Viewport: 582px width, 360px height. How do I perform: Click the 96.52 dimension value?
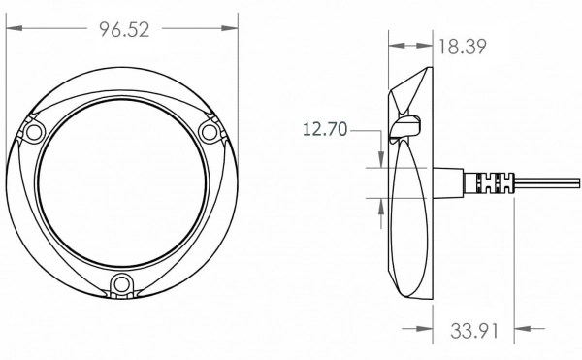[125, 30]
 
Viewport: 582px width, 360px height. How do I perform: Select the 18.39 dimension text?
[462, 47]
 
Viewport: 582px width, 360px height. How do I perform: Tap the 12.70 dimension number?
[325, 129]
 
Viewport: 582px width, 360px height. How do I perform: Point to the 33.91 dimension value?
[474, 330]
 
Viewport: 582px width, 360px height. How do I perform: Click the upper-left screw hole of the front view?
[33, 132]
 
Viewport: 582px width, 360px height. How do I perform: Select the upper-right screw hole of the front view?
[209, 132]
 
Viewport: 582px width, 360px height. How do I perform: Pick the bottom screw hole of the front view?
[121, 285]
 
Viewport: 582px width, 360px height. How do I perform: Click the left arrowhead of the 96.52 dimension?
[15, 28]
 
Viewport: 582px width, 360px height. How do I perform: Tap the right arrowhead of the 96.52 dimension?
[229, 28]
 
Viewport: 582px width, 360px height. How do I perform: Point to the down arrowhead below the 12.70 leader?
[381, 159]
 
